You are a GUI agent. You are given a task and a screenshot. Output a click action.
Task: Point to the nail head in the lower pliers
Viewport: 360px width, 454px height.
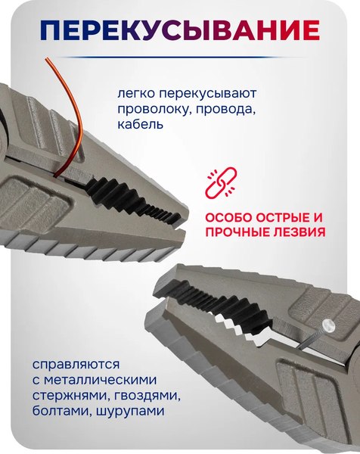[327, 325]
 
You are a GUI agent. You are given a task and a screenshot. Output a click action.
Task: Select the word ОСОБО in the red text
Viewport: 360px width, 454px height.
[230, 216]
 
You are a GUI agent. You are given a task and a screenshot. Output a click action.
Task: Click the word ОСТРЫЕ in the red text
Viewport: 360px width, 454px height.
[288, 216]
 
